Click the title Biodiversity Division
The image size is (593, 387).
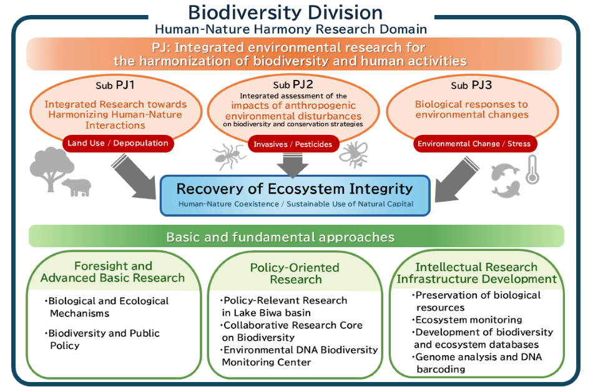tap(285, 12)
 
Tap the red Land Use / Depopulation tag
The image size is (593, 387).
tap(118, 143)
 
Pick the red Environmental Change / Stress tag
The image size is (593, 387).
tap(474, 144)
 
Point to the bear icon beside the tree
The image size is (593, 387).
tap(76, 186)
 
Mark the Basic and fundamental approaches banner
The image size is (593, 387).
tap(296, 237)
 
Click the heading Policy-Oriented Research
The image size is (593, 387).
tap(295, 273)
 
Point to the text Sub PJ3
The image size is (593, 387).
tap(474, 85)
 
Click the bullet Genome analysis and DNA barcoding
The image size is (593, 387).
tap(478, 363)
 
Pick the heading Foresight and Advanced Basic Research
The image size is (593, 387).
tap(113, 272)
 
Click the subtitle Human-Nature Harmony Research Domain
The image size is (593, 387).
tap(290, 29)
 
